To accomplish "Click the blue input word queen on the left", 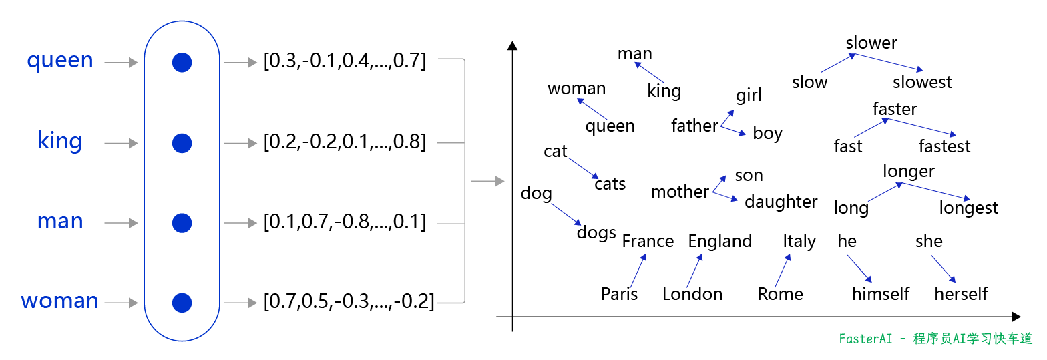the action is (x=60, y=61).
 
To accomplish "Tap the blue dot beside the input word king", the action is (x=182, y=143).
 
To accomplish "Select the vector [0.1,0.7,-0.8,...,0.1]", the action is (x=345, y=222).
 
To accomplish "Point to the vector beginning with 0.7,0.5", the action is (x=349, y=302).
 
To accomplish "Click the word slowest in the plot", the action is (x=922, y=82).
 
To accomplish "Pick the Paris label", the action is (x=620, y=294).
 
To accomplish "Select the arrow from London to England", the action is (x=694, y=271).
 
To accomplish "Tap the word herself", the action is (x=961, y=294).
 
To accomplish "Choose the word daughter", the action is (x=781, y=202).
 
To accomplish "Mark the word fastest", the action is (x=944, y=146).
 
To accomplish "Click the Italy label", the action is (x=799, y=241).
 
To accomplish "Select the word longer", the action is (x=908, y=172).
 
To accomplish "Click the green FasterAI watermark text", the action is (x=935, y=339).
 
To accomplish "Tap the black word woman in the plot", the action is (x=577, y=89).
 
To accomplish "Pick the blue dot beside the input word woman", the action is (x=182, y=303).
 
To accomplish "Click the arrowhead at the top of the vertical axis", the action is (x=512, y=45).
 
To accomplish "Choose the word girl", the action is (x=749, y=96).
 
